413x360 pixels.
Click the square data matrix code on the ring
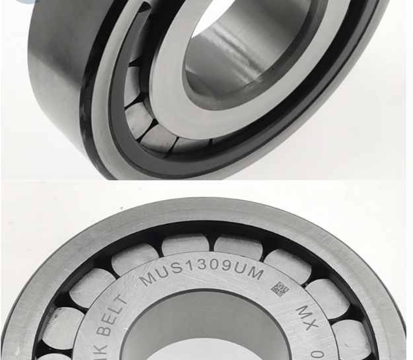pyautogui.click(x=280, y=289)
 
